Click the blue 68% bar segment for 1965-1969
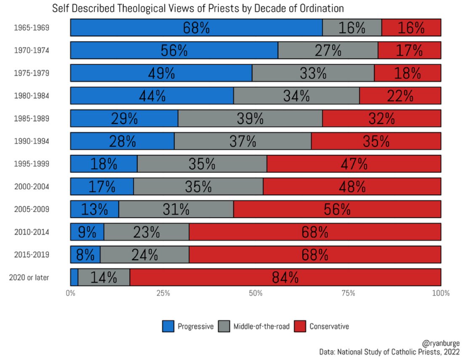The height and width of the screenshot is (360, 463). [196, 28]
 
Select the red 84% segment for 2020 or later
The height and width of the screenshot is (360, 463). [285, 277]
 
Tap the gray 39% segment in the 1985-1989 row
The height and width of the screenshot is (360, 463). [250, 118]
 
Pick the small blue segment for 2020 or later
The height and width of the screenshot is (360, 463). [74, 277]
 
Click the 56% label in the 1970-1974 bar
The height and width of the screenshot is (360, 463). [174, 50]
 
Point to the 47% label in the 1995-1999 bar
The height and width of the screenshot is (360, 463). [354, 164]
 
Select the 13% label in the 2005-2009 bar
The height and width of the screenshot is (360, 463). [94, 209]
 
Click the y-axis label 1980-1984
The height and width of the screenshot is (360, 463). [32, 96]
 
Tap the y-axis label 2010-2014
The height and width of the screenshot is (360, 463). [32, 232]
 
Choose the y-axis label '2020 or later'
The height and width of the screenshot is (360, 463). [29, 278]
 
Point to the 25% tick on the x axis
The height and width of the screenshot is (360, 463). [163, 293]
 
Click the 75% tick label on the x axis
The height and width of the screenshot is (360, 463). [349, 293]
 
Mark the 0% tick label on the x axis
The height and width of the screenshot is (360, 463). [71, 293]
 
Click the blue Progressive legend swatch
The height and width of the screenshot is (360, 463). [168, 326]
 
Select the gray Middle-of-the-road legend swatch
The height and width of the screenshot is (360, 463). [224, 326]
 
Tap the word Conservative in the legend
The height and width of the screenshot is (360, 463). [329, 326]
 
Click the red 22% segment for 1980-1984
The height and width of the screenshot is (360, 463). [400, 96]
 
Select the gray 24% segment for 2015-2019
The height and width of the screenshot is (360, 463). [144, 254]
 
